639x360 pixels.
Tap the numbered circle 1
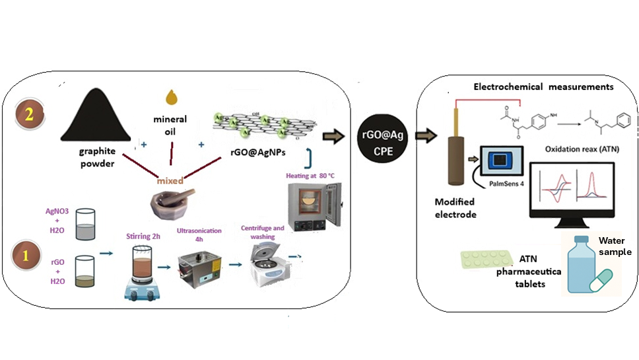point(28,255)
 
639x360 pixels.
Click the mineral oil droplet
point(172,98)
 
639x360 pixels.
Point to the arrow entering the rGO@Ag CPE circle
point(335,137)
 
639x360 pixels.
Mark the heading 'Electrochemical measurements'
point(543,87)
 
